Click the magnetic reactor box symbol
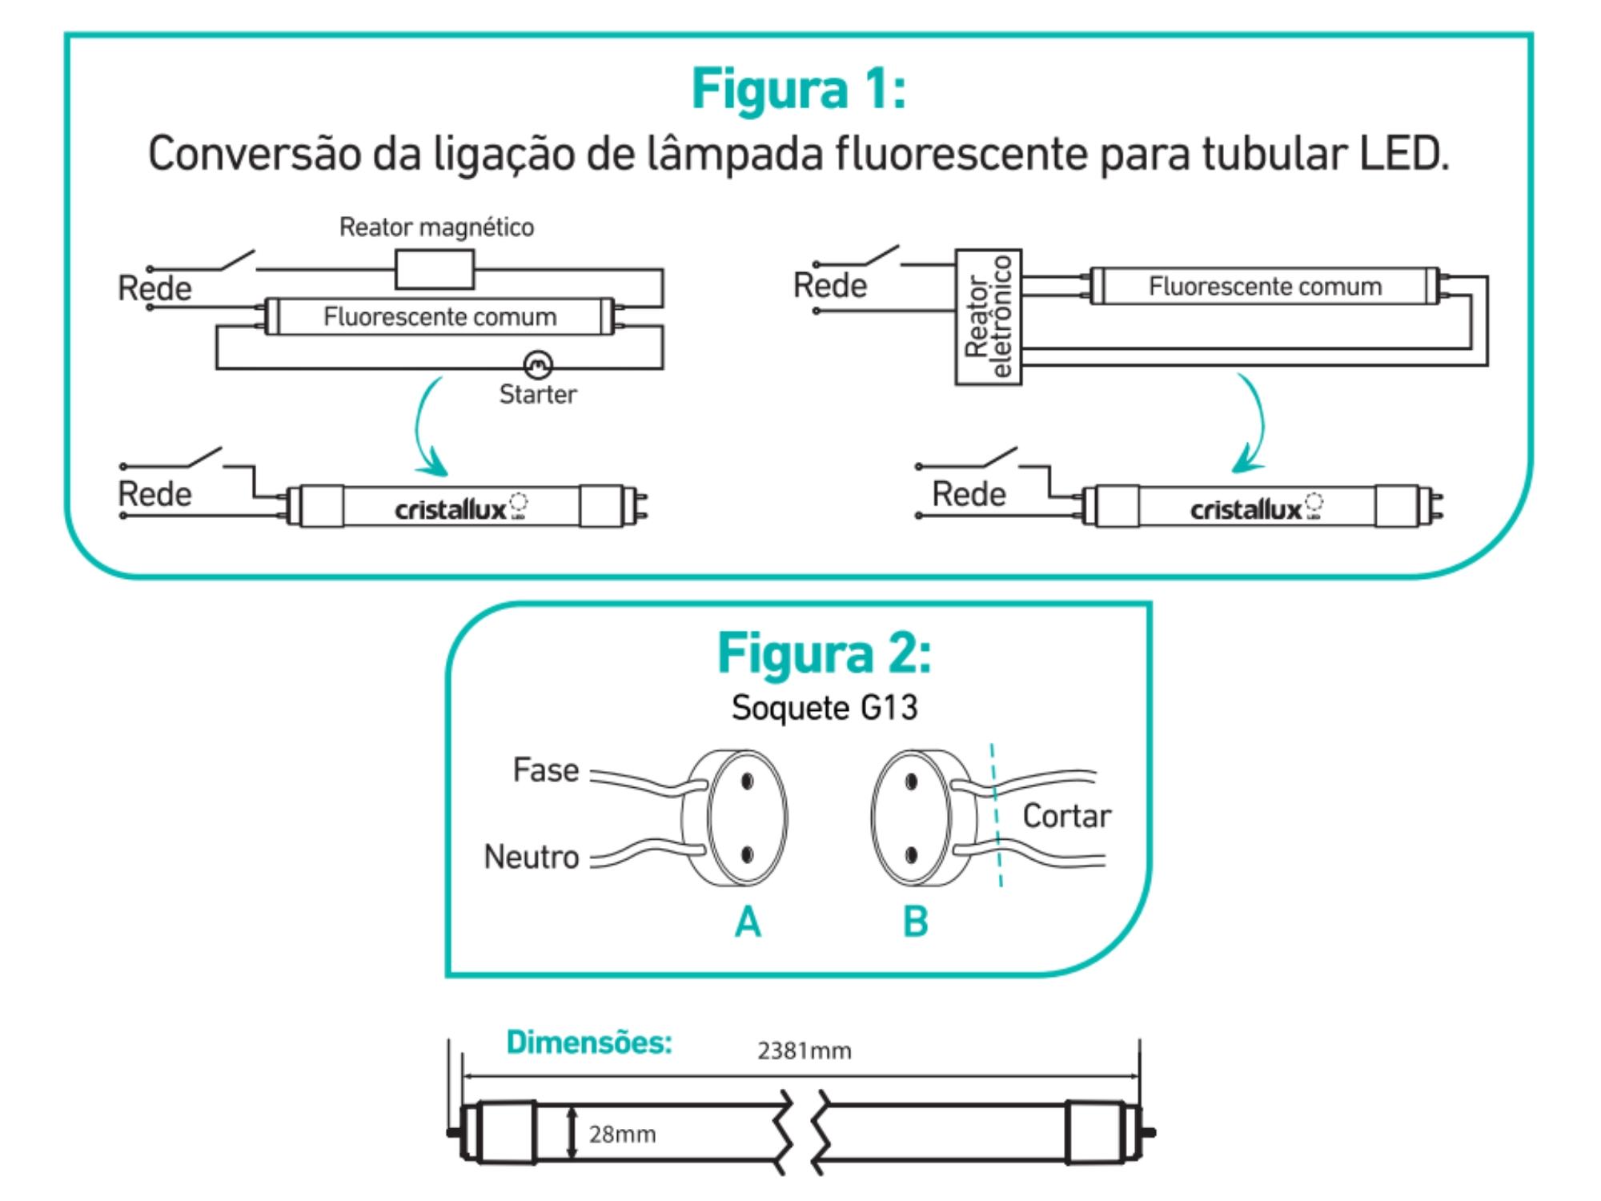[435, 269]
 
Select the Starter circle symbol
[537, 365]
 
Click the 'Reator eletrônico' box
[988, 317]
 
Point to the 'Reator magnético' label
[436, 227]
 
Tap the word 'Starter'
[537, 394]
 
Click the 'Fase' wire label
[545, 770]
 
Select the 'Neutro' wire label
[531, 857]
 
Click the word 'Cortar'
[1066, 816]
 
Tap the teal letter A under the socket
[748, 922]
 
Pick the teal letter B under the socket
[915, 922]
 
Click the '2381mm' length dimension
[804, 1050]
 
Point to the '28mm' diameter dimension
[622, 1134]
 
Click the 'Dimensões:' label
[589, 1042]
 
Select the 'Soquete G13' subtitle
[824, 708]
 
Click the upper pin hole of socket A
[747, 781]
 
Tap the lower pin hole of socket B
[911, 855]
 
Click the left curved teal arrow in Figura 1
[428, 428]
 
